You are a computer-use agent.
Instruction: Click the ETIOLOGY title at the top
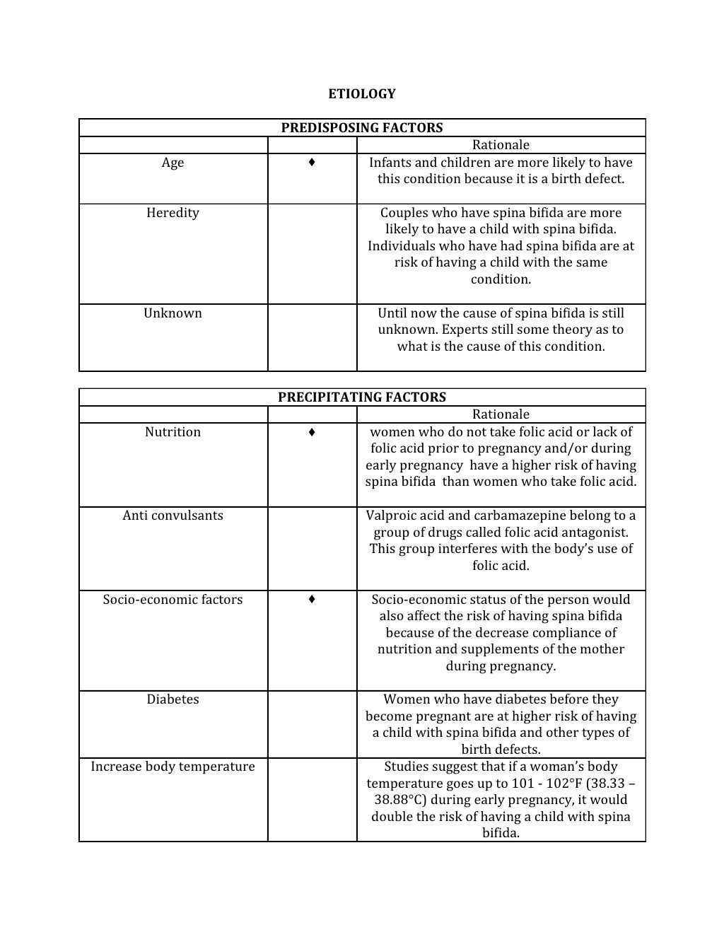[x=362, y=93]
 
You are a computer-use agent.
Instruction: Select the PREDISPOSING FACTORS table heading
[x=362, y=128]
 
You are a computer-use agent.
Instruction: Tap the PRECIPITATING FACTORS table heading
[x=362, y=397]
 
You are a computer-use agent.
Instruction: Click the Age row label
[x=173, y=163]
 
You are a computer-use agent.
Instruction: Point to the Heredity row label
[x=173, y=213]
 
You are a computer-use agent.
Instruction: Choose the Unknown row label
[x=173, y=313]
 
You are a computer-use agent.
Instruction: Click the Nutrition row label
[x=173, y=432]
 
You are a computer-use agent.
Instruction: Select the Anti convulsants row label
[x=173, y=516]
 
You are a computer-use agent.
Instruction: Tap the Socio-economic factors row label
[x=173, y=600]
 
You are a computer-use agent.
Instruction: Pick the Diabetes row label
[x=173, y=699]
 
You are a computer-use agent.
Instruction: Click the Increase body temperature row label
[x=173, y=767]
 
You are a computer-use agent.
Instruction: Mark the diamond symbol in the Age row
[x=312, y=163]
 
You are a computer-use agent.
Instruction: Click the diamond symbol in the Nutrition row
[x=312, y=432]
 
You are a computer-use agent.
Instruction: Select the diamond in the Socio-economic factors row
[x=312, y=600]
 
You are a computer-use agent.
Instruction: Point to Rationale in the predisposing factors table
[x=501, y=145]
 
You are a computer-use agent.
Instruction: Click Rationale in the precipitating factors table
[x=501, y=414]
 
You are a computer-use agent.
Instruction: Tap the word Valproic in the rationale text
[x=390, y=516]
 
